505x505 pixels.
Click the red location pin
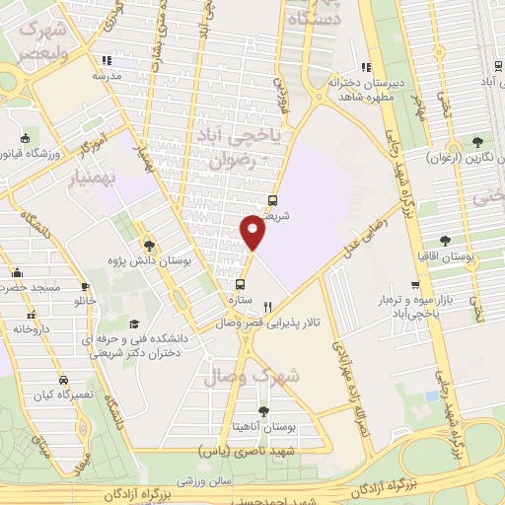[x=252, y=231]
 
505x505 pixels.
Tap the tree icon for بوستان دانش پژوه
[x=149, y=246]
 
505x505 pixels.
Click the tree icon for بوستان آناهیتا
[x=262, y=411]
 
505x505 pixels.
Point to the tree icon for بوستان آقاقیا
[x=447, y=240]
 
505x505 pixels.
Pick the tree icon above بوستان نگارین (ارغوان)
[x=477, y=141]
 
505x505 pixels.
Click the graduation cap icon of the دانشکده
[x=134, y=325]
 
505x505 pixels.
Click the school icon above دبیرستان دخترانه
[x=365, y=68]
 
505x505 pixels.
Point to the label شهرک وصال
[x=250, y=376]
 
